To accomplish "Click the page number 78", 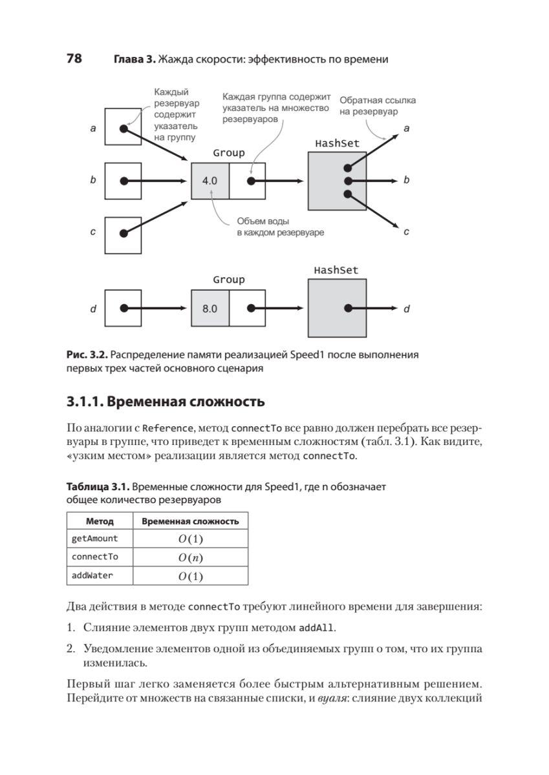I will pos(74,59).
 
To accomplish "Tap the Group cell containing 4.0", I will pos(210,181).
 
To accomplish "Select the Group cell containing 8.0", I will pos(210,309).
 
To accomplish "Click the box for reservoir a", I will pos(123,128).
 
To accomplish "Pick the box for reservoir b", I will pos(123,181).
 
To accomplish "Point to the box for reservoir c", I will pos(123,233).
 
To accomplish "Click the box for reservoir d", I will pos(123,309).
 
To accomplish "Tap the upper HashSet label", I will pos(336,143).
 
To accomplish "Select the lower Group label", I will pos(229,280).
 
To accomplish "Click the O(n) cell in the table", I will pos(190,557).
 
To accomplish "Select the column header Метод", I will pos(100,521).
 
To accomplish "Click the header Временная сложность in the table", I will pos(190,521).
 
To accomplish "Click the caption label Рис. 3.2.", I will pos(87,355).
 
